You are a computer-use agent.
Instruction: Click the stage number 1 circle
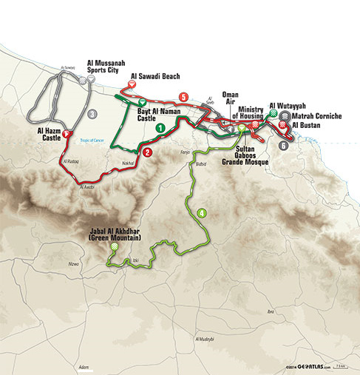coord(159,128)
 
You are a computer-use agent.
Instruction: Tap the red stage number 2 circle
coord(148,153)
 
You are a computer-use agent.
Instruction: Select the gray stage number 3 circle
coord(92,114)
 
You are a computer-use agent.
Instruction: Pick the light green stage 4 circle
coord(201,213)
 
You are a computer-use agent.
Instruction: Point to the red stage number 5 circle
coord(183,97)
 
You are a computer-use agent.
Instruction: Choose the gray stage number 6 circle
coord(284,146)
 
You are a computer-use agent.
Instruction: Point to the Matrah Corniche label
coord(316,116)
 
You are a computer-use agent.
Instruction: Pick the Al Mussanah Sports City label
coord(112,67)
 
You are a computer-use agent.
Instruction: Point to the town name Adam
coord(84,367)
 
